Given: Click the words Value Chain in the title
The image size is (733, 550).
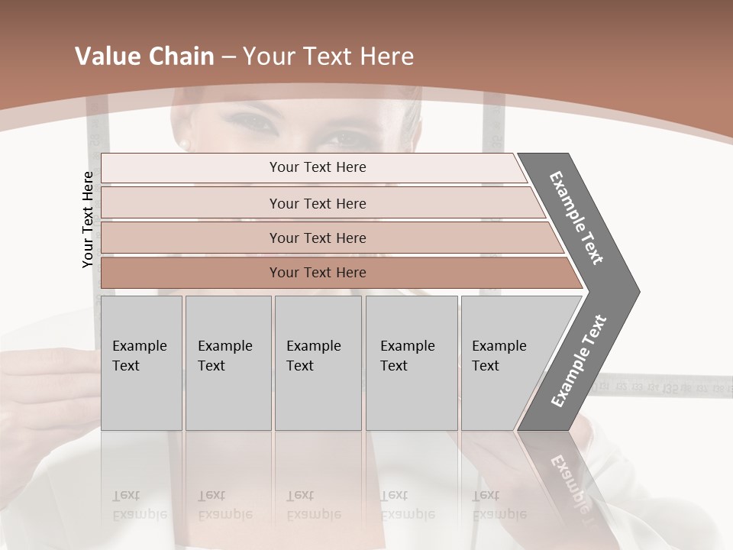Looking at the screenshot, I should tap(144, 57).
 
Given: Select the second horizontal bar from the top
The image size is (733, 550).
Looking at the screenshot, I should tap(318, 203).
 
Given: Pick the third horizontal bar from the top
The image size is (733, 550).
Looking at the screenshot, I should tap(318, 238).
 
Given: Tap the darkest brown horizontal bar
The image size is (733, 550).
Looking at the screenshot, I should tap(318, 273).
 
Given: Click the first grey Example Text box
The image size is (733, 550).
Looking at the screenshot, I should tap(141, 363).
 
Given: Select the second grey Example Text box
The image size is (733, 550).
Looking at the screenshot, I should tap(228, 363).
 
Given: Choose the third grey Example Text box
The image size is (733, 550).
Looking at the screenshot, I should tap(318, 363).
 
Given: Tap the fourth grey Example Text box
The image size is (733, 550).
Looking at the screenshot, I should tap(411, 363).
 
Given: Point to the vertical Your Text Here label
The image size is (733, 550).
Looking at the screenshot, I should tap(88, 220).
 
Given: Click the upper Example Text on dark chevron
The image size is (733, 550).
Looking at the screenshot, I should tap(577, 218).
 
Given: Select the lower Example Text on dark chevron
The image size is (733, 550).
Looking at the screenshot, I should tap(579, 361).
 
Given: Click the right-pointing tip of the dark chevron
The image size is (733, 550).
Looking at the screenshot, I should tap(635, 291).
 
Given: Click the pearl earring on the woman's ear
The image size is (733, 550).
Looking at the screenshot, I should tap(184, 144).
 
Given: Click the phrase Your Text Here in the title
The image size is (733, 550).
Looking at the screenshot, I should tap(328, 57).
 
